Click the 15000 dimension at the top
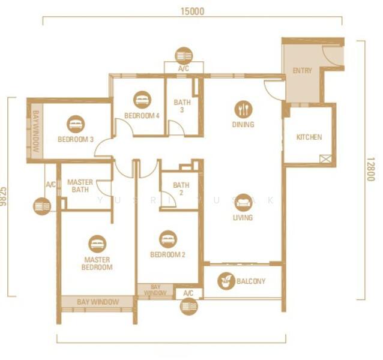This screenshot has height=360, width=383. (191, 11)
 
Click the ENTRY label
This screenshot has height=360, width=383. (302, 71)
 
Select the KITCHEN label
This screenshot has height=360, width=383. (309, 137)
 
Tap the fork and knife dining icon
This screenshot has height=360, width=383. (243, 109)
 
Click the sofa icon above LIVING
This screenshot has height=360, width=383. (243, 202)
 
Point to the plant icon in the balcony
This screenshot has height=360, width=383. (226, 281)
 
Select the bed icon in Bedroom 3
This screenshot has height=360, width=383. (76, 124)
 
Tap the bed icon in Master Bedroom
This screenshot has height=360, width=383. (97, 244)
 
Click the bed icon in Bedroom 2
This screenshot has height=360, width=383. (168, 239)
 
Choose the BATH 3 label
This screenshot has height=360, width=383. (182, 106)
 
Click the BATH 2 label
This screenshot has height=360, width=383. (181, 189)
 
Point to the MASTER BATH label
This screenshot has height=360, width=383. (79, 186)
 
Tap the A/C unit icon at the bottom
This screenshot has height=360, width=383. (188, 307)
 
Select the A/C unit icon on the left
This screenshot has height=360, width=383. (41, 206)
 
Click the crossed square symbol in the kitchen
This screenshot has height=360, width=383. (326, 159)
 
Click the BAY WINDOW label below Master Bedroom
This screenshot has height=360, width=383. (98, 302)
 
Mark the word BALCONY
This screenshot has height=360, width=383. (251, 281)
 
